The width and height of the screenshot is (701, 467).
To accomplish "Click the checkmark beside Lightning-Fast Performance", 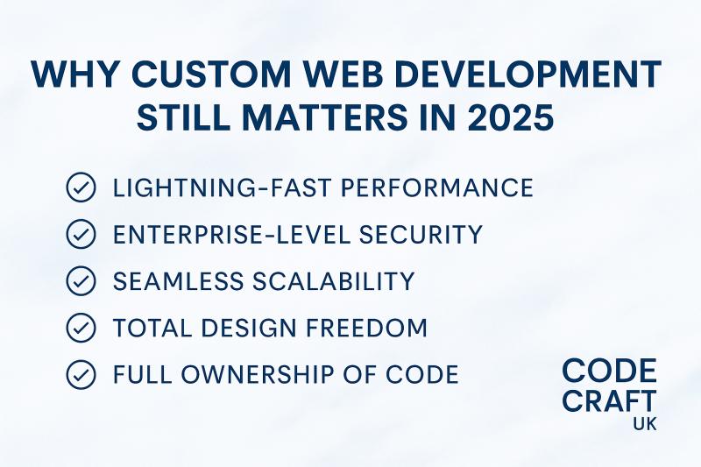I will click(x=81, y=188).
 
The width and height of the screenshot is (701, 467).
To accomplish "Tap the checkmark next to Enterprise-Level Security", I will click(x=81, y=235).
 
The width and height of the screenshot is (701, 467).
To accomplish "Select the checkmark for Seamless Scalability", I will click(x=81, y=281).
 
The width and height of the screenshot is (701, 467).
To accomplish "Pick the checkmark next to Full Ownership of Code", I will click(x=81, y=375).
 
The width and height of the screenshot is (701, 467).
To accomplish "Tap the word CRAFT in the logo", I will click(x=609, y=401).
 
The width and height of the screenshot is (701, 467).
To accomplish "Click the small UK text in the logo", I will click(x=642, y=425).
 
